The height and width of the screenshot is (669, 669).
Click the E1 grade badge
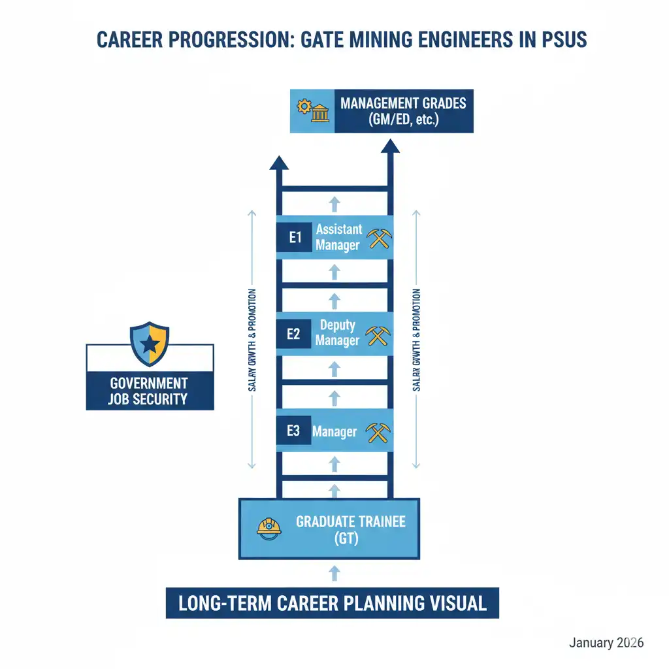pyautogui.click(x=295, y=238)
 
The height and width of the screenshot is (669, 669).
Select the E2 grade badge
pyautogui.click(x=293, y=334)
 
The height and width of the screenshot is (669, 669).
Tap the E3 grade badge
pyautogui.click(x=293, y=431)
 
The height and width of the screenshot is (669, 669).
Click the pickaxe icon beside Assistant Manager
pyautogui.click(x=379, y=238)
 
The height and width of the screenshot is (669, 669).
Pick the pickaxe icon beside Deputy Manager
pyautogui.click(x=378, y=334)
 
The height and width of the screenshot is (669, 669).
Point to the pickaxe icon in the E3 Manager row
pyautogui.click(x=378, y=432)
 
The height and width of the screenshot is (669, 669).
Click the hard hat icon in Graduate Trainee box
pyautogui.click(x=269, y=527)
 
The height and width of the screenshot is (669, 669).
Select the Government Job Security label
pyautogui.click(x=150, y=391)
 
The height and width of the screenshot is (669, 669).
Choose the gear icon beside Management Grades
pyautogui.click(x=302, y=106)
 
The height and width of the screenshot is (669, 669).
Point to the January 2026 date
pyautogui.click(x=606, y=643)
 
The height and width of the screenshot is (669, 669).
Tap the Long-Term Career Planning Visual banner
pyautogui.click(x=333, y=602)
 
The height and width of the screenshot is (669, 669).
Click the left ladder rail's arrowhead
pyautogui.click(x=279, y=163)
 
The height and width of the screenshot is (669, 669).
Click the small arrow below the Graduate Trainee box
pyautogui.click(x=334, y=574)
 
